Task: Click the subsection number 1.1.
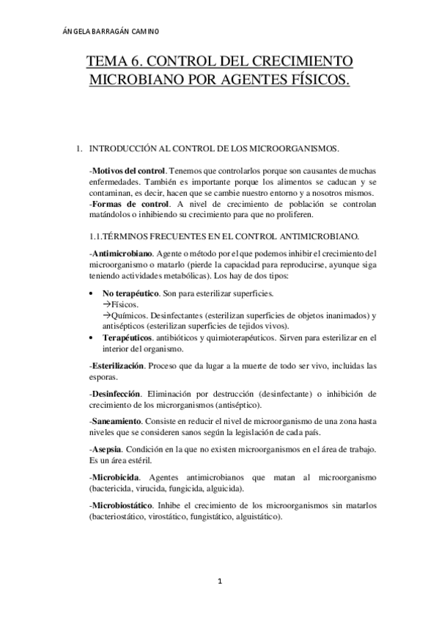pos(96,236)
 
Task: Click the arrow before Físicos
pos(106,304)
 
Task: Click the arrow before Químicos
pos(106,315)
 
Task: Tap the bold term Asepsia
pos(107,449)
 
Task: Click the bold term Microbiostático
pos(121,505)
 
